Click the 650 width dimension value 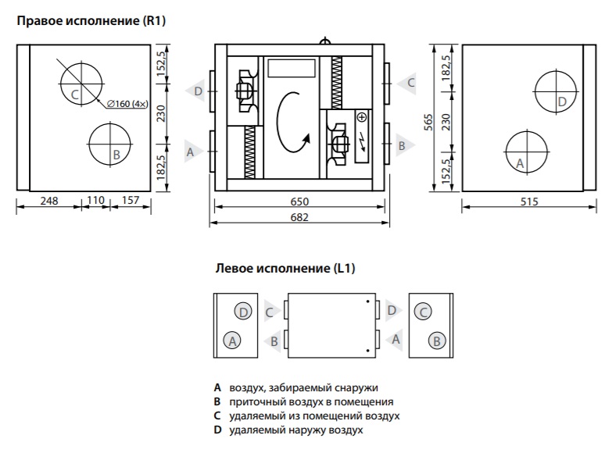click(299, 202)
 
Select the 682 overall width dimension click(299, 217)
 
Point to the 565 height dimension click(428, 122)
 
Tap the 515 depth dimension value click(529, 202)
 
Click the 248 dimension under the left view click(49, 201)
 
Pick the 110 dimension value click(95, 200)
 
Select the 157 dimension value click(131, 200)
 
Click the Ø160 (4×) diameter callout click(127, 104)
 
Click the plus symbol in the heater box click(362, 117)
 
